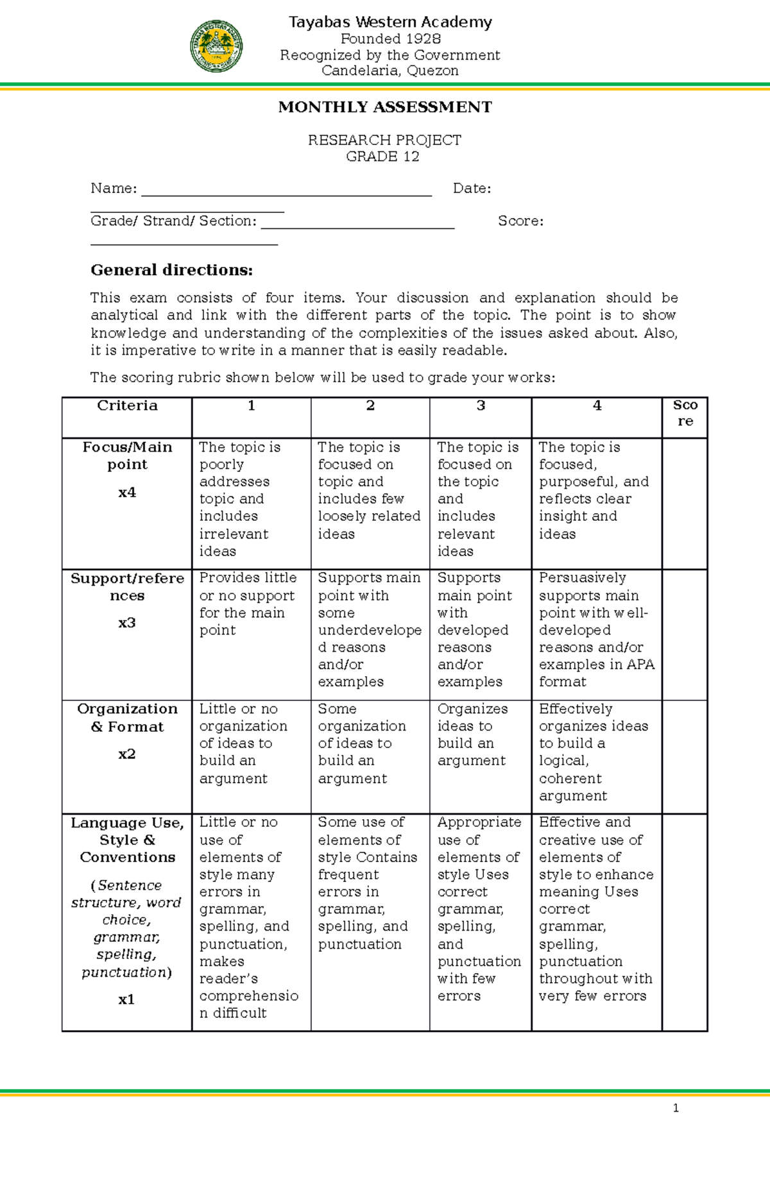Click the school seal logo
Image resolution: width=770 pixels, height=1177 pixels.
216,46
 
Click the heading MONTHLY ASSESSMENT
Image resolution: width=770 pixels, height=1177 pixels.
385,107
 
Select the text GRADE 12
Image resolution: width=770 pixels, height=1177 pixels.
382,157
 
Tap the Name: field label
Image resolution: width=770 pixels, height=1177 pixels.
114,189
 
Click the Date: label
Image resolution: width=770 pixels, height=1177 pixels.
472,189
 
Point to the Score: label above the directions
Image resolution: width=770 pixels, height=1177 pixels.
520,221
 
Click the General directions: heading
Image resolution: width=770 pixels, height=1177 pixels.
172,270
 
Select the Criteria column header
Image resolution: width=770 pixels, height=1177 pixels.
127,405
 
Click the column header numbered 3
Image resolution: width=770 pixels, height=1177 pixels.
481,405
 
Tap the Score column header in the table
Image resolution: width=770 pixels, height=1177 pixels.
685,413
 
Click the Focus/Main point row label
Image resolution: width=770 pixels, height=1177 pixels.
127,456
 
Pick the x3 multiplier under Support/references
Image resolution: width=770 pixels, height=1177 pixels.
127,623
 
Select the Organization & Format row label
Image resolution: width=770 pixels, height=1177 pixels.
127,718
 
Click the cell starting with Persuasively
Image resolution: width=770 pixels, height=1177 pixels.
596,630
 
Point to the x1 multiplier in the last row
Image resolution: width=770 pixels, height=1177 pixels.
126,999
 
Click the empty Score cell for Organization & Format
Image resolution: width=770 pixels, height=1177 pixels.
684,757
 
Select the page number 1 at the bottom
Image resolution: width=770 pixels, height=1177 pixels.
676,1108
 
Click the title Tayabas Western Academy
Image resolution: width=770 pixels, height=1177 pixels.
390,22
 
